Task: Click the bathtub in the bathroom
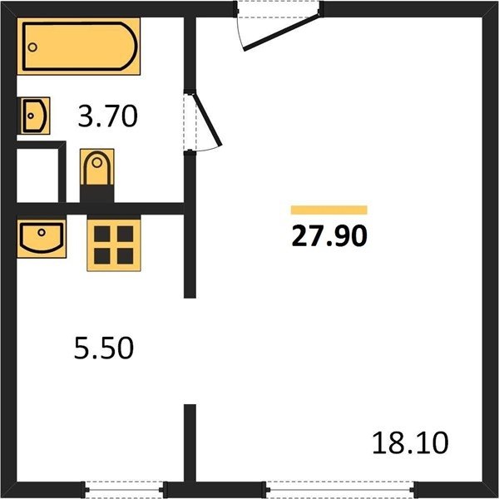pyautogui.click(x=79, y=46)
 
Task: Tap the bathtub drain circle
pyautogui.click(x=32, y=47)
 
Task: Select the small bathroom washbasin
pyautogui.click(x=33, y=116)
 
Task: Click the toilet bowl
pyautogui.click(x=97, y=167)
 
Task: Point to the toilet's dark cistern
pyautogui.click(x=97, y=194)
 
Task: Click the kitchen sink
pyautogui.click(x=42, y=239)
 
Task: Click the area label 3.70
pyautogui.click(x=108, y=116)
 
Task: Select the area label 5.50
pyautogui.click(x=104, y=348)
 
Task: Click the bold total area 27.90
pyautogui.click(x=329, y=236)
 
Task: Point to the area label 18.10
pyautogui.click(x=410, y=443)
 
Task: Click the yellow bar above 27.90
pyautogui.click(x=329, y=210)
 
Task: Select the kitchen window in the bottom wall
pyautogui.click(x=125, y=490)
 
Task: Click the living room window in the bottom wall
pyautogui.click(x=339, y=490)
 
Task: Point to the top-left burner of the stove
pyautogui.click(x=102, y=234)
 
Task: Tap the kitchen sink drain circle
pyautogui.click(x=42, y=232)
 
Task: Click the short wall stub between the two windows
pyautogui.click(x=190, y=443)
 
